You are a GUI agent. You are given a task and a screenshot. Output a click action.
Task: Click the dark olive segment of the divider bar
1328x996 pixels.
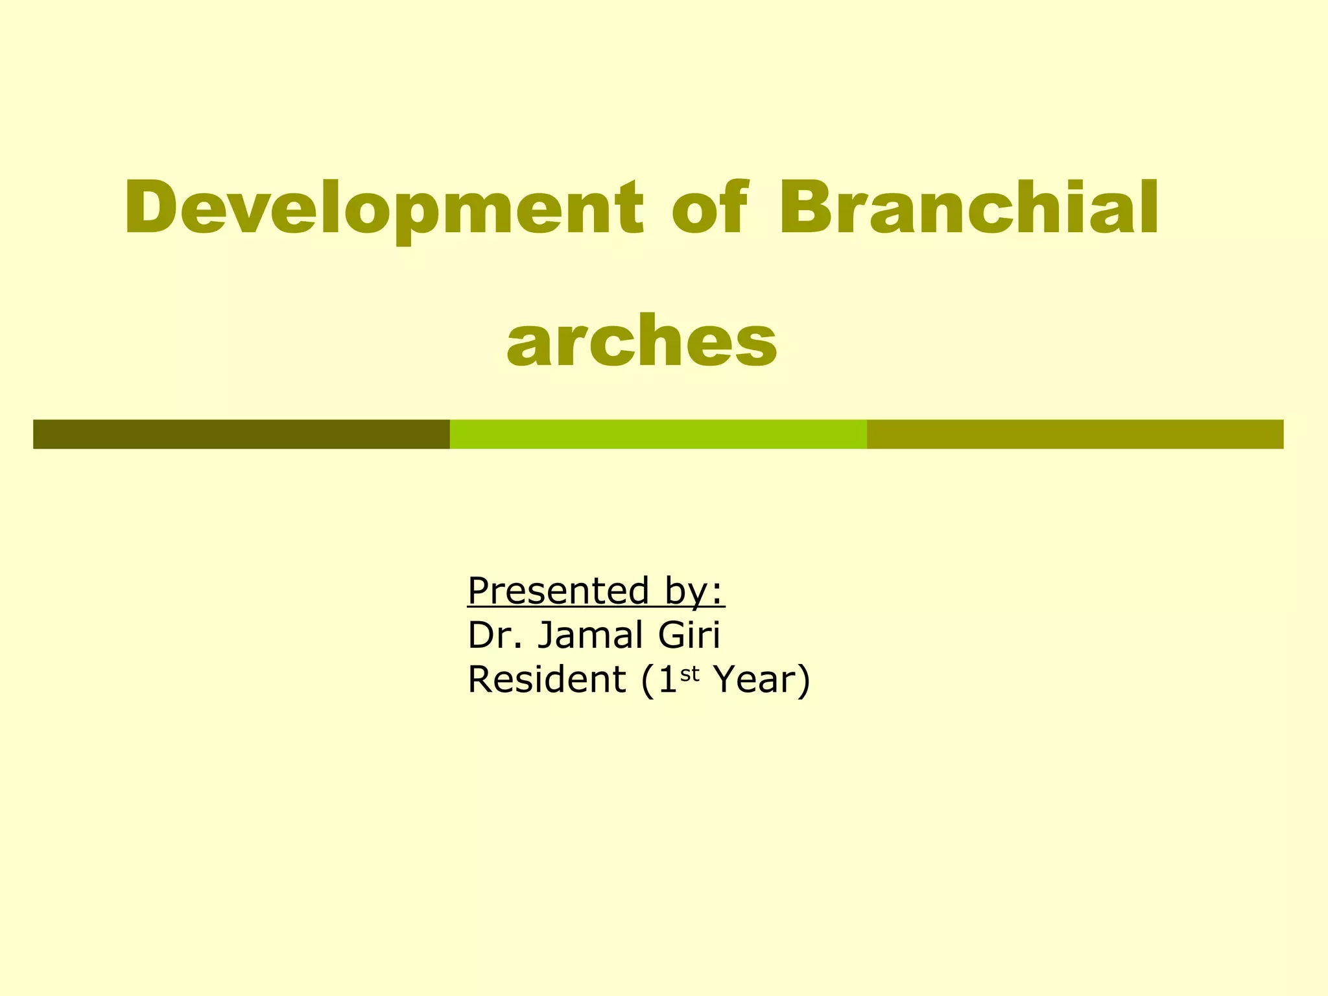241,434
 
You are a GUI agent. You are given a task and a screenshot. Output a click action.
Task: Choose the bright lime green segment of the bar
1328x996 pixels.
658,434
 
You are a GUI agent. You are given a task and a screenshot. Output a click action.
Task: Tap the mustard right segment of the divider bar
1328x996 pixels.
1074,434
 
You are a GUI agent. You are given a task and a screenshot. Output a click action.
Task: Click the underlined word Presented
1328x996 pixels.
558,591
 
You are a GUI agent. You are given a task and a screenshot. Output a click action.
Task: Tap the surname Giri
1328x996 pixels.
689,635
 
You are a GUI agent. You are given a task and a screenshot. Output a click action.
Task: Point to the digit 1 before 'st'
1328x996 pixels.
668,680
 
